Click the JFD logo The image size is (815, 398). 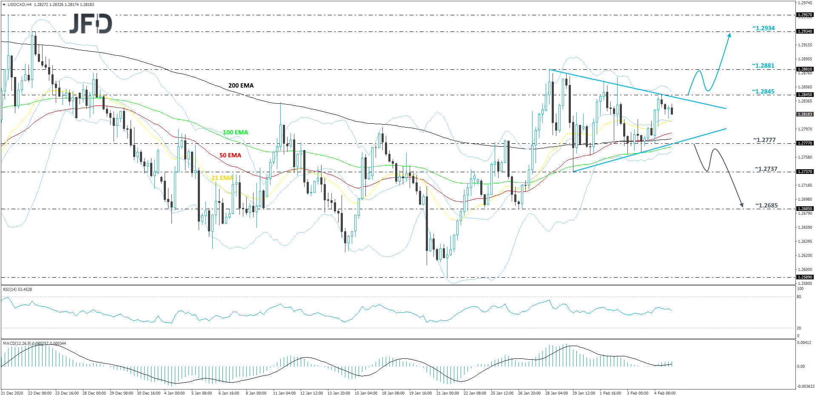(91, 24)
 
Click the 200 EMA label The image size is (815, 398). (241, 85)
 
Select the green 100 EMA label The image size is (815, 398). (235, 132)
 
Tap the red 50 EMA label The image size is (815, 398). (230, 155)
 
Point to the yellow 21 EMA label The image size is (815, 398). (222, 178)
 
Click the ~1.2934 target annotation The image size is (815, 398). (764, 28)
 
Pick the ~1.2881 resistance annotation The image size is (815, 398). (763, 65)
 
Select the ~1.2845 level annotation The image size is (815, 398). (763, 91)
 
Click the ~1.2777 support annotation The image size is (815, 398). (764, 140)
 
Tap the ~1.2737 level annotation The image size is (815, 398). (766, 169)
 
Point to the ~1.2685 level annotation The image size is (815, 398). (767, 205)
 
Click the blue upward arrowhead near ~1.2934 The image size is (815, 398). (730, 35)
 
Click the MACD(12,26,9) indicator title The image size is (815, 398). (34, 343)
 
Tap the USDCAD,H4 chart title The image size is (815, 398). (20, 5)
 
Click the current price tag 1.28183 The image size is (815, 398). (805, 114)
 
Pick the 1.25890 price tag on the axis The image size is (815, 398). (805, 277)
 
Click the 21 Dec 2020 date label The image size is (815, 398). (12, 393)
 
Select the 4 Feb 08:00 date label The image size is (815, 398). (664, 393)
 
